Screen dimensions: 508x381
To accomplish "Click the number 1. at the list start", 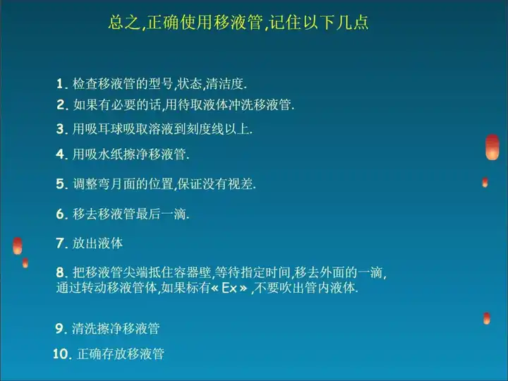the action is point(61,84).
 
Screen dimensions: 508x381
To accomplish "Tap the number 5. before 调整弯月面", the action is point(61,184).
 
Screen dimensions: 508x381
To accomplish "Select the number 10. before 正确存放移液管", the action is point(62,353).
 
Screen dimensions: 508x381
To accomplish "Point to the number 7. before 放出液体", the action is point(61,243).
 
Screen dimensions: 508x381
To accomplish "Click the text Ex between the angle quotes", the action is point(229,289).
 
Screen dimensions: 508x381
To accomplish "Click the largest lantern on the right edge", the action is point(492,147).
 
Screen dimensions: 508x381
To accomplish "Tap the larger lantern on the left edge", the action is point(18,246).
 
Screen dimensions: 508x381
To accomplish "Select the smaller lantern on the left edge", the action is point(25,262).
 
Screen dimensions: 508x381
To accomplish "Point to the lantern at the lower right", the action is point(487,318).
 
